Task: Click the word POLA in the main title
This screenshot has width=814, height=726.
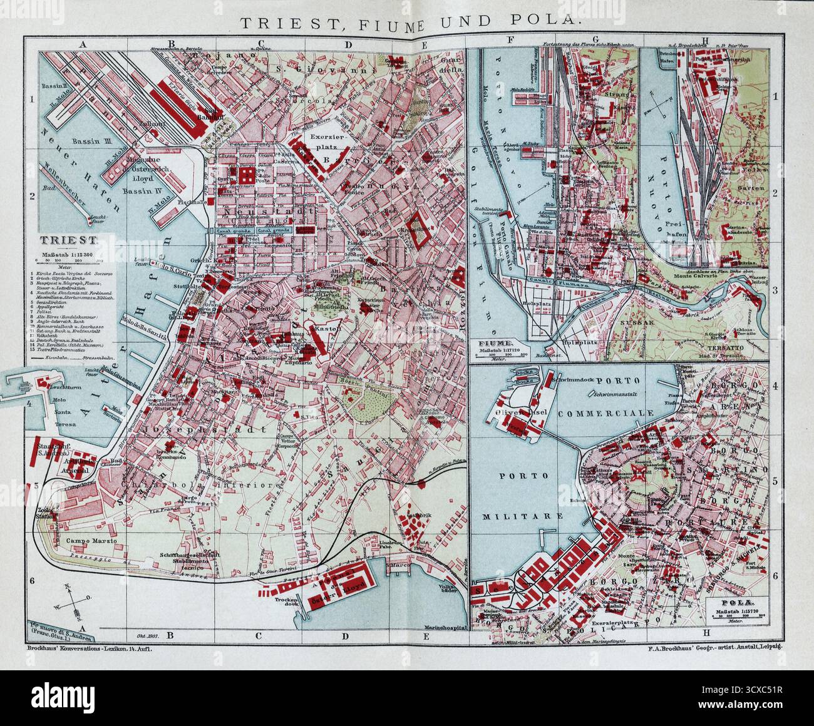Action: tap(549, 21)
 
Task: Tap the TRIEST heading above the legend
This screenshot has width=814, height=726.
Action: tap(66, 240)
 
